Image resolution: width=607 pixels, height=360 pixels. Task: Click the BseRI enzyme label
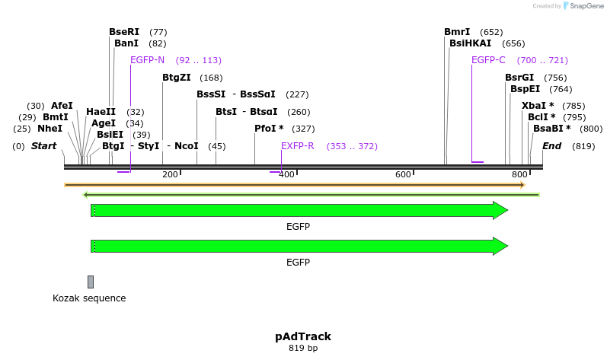124,32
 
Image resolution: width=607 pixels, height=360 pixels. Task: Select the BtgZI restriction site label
176,78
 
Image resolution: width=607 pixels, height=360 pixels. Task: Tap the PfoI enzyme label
269,129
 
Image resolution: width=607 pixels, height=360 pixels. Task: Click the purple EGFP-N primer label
147,60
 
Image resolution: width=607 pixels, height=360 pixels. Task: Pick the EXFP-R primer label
298,146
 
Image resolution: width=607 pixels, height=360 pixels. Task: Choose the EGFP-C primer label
488,60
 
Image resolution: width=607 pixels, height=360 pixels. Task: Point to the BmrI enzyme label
457,32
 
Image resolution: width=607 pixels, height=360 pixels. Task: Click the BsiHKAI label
470,43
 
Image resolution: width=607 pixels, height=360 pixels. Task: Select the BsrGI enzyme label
519,78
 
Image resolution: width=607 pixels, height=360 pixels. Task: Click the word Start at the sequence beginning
43,146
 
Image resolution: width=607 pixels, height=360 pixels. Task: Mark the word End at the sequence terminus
551,146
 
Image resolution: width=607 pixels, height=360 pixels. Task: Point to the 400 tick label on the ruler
286,175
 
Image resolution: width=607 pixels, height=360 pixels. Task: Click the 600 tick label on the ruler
403,175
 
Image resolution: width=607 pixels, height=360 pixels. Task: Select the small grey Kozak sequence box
91,282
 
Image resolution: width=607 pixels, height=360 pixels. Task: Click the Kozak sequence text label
89,298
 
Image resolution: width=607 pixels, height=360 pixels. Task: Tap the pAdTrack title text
303,336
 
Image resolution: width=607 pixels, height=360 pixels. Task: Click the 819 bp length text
303,349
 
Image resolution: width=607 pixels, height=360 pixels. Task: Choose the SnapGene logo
583,6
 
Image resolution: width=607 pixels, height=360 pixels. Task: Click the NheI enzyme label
50,129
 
